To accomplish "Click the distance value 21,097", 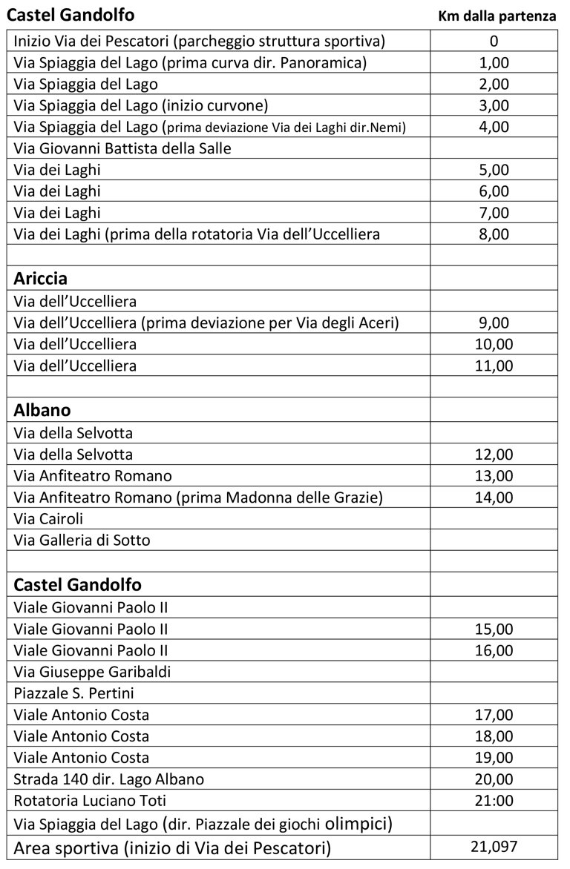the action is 494,846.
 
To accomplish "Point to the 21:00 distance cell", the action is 494,801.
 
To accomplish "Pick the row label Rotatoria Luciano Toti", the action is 90,801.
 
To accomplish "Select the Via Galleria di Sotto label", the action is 82,540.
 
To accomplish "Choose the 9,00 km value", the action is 494,323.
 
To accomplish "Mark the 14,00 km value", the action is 494,497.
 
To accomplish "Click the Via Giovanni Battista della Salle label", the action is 122,148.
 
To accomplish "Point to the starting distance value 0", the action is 494,42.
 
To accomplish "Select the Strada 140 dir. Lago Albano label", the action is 109,779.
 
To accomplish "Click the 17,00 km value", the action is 494,716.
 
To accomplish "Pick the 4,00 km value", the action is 494,127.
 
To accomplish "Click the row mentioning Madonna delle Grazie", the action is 199,497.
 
